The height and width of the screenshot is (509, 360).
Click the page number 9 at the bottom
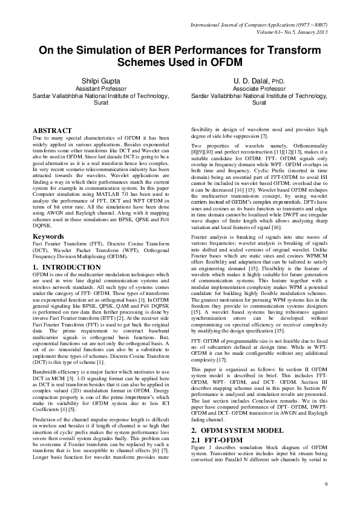[326, 485]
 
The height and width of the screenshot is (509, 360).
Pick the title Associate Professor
[259, 88]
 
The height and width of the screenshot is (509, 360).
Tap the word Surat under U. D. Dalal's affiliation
[259, 103]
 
